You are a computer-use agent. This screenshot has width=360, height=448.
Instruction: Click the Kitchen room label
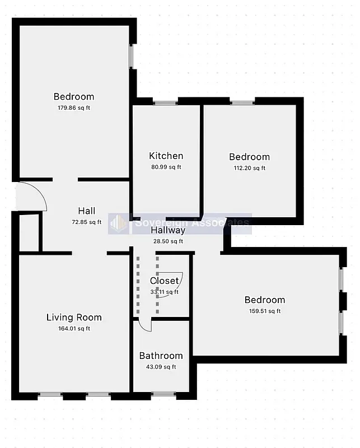pyautogui.click(x=166, y=156)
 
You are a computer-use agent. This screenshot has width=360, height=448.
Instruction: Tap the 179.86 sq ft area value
pyautogui.click(x=73, y=108)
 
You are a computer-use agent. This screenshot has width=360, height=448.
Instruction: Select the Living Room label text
pyautogui.click(x=74, y=318)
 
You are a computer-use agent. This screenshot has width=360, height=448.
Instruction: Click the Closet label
pyautogui.click(x=164, y=281)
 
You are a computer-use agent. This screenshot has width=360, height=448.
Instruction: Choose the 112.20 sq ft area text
pyautogui.click(x=249, y=167)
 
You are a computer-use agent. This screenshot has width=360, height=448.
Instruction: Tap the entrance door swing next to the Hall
pyautogui.click(x=31, y=197)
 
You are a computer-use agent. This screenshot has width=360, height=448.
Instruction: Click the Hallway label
pyautogui.click(x=168, y=230)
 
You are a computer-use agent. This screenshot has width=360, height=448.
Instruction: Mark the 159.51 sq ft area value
pyautogui.click(x=265, y=311)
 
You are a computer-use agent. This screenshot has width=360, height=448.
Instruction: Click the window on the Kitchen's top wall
pyautogui.click(x=166, y=102)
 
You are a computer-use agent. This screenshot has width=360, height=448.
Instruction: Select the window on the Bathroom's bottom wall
pyautogui.click(x=163, y=394)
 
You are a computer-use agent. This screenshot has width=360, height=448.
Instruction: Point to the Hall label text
pyautogui.click(x=86, y=211)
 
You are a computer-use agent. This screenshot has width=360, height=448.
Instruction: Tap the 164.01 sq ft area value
pyautogui.click(x=74, y=329)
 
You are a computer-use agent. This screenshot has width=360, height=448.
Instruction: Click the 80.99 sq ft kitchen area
pyautogui.click(x=166, y=167)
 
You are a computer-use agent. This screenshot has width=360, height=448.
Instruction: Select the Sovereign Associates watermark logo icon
pyautogui.click(x=119, y=223)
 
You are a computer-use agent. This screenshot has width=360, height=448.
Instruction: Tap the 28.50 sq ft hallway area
pyautogui.click(x=168, y=241)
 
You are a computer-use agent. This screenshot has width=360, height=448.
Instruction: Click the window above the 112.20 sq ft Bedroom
pyautogui.click(x=242, y=102)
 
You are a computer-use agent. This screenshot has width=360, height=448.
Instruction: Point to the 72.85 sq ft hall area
pyautogui.click(x=86, y=222)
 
